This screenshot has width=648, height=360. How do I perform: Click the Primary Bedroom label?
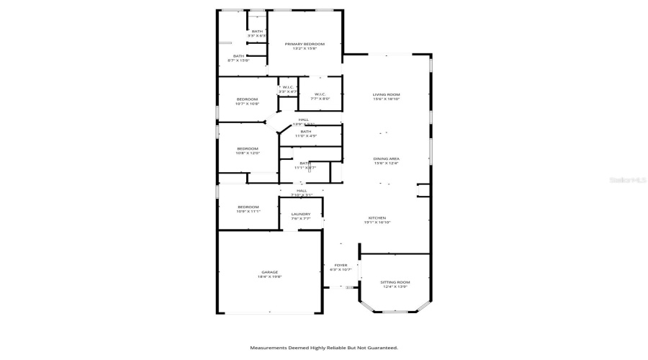tap(304, 45)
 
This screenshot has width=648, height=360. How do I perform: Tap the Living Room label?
tap(386, 94)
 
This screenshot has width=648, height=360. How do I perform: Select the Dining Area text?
tap(386, 158)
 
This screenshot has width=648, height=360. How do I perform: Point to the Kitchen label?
tap(377, 217)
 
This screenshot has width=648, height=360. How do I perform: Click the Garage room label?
tap(269, 272)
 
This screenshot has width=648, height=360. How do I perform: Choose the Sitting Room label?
tap(395, 282)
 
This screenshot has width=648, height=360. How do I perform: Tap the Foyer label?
tap(341, 265)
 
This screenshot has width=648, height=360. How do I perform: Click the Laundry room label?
tap(300, 214)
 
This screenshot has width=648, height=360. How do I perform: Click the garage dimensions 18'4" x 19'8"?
tap(269, 276)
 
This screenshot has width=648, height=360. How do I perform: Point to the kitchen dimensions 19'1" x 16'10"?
tap(377, 222)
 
